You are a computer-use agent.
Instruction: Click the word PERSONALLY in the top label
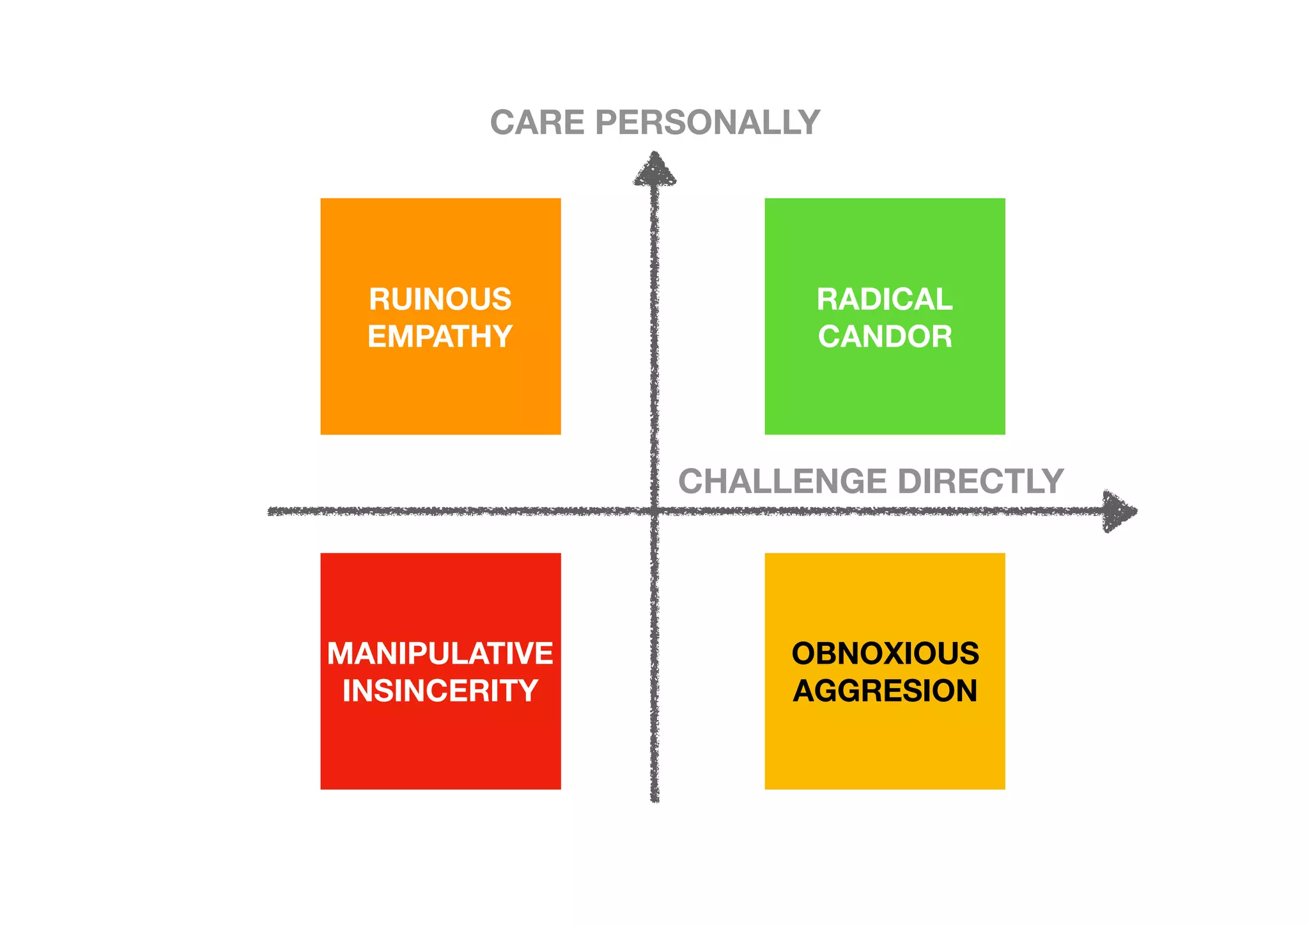pos(708,123)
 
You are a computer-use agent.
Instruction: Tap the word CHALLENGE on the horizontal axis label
pos(782,482)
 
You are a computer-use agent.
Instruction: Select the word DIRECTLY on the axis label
pos(981,482)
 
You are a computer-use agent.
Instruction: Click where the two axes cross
pos(654,511)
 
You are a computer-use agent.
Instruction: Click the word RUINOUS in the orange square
pos(440,300)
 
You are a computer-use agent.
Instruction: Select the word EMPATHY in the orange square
pos(440,337)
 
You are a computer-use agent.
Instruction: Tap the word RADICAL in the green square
pos(885,300)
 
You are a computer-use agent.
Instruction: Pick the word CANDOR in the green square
pos(885,337)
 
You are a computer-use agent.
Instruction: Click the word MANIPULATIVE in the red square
pos(440,654)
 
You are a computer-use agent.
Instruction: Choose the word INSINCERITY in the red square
pos(440,691)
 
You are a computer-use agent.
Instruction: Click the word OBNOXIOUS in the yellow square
pos(885,654)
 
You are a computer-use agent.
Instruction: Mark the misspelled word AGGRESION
pos(885,691)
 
